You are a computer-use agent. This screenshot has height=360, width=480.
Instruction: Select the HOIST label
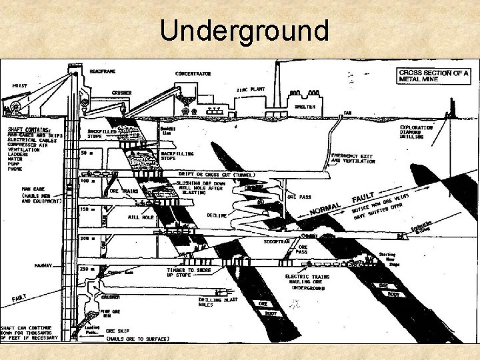click(20, 85)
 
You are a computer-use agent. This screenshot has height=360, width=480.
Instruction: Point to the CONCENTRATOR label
click(193, 73)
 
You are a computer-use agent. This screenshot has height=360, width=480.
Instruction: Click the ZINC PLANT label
click(250, 89)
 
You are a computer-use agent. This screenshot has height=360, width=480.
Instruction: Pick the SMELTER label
click(306, 106)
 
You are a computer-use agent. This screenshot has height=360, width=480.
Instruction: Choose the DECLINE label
click(216, 216)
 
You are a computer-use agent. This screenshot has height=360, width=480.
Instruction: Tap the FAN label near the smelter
click(347, 112)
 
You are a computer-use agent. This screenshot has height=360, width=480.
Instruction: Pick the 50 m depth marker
click(87, 153)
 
